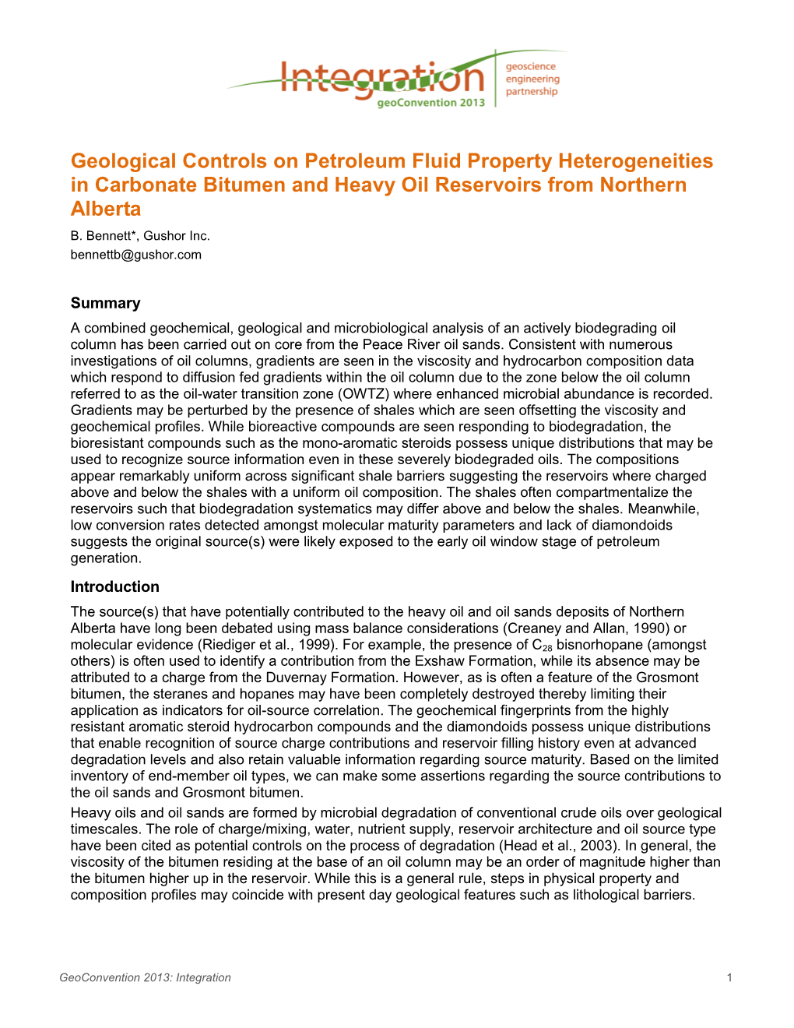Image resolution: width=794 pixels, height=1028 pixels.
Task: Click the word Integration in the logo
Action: click(381, 79)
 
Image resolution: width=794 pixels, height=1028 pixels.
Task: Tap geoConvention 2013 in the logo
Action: click(430, 103)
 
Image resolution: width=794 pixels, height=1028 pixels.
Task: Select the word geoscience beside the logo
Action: click(531, 67)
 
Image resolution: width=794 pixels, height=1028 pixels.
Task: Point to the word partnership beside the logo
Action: click(532, 92)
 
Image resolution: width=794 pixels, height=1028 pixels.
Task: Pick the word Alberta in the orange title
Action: click(106, 209)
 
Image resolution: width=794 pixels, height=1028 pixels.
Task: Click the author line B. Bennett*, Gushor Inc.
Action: click(140, 236)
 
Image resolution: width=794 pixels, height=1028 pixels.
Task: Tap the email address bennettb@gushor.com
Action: click(136, 255)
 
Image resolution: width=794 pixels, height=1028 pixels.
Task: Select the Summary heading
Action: click(106, 303)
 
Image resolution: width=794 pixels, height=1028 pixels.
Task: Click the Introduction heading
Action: click(115, 586)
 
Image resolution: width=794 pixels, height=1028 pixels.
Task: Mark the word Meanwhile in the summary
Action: click(667, 509)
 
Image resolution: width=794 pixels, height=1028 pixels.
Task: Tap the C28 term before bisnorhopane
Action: click(542, 646)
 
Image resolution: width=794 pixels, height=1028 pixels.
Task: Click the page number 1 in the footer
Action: click(729, 977)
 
